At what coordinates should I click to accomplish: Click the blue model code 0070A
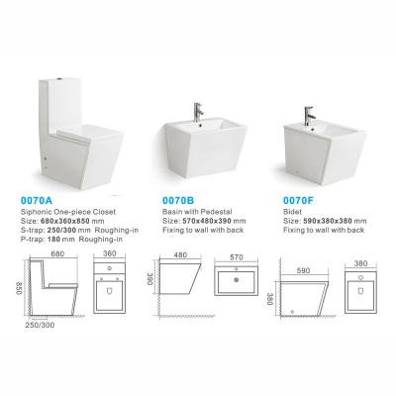click(x=37, y=200)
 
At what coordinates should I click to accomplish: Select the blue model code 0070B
click(x=178, y=200)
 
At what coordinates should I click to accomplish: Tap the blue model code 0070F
click(x=298, y=200)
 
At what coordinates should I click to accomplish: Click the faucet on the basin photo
click(x=198, y=112)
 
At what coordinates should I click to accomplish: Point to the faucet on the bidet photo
click(x=309, y=116)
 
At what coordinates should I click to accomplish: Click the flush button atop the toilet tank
click(x=60, y=79)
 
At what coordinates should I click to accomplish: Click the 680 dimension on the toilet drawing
click(x=57, y=253)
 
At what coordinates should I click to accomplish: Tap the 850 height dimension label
click(x=19, y=288)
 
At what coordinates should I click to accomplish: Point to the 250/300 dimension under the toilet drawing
click(x=40, y=325)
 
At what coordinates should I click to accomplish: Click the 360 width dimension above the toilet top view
click(x=110, y=253)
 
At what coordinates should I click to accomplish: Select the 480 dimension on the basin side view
click(x=180, y=254)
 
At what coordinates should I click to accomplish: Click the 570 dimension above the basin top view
click(x=237, y=257)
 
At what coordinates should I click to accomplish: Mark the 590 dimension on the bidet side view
click(x=303, y=270)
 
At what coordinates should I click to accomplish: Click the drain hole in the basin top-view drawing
click(x=237, y=280)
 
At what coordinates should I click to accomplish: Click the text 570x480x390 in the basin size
click(x=207, y=221)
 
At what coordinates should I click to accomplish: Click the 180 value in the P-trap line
click(x=53, y=240)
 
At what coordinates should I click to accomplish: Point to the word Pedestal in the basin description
click(x=217, y=212)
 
